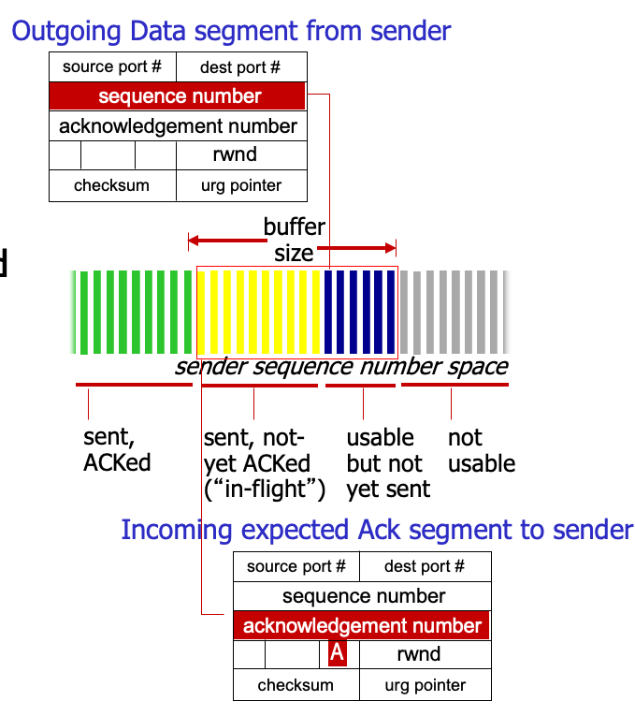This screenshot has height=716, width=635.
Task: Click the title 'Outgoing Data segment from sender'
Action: pos(231,31)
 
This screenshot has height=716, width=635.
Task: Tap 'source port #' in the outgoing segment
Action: pos(112,67)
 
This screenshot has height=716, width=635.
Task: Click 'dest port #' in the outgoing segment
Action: pos(240,67)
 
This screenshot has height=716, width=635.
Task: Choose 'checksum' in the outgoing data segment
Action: pos(111,185)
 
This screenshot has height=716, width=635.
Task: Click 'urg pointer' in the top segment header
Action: pos(241,185)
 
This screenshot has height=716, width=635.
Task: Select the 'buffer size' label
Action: pos(294,240)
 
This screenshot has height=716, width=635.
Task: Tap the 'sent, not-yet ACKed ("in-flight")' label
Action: pos(263,463)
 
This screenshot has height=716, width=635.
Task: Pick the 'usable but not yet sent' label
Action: pos(387,463)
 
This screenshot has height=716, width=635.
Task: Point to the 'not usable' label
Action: pos(481,450)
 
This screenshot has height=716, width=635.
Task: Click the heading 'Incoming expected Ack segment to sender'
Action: pos(377,530)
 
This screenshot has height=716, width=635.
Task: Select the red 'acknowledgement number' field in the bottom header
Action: pos(362,626)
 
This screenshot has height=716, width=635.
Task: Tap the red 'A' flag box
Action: pos(338,654)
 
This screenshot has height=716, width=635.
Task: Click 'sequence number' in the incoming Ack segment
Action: pos(363,596)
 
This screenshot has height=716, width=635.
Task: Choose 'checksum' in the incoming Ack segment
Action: pos(296,685)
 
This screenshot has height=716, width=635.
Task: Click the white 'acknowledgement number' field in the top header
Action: pos(178,125)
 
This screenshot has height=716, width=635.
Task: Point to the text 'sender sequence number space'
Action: pos(341,367)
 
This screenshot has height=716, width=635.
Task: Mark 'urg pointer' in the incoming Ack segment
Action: pos(426,685)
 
